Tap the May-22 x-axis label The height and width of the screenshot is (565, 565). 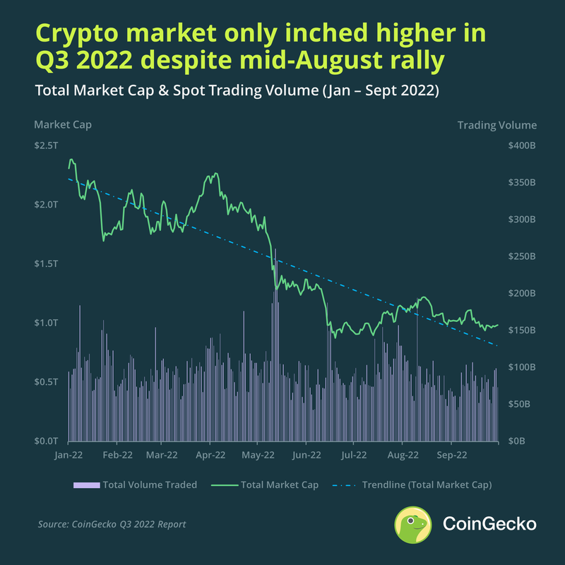[x=259, y=456]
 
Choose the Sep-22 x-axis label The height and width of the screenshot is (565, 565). [x=451, y=456]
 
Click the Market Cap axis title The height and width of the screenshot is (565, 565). [x=63, y=125]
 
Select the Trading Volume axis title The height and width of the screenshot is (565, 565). [x=496, y=125]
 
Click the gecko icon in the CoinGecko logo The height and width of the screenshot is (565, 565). [x=414, y=525]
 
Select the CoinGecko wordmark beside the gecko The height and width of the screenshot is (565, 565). [x=489, y=525]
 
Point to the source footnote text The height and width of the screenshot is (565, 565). [x=112, y=525]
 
